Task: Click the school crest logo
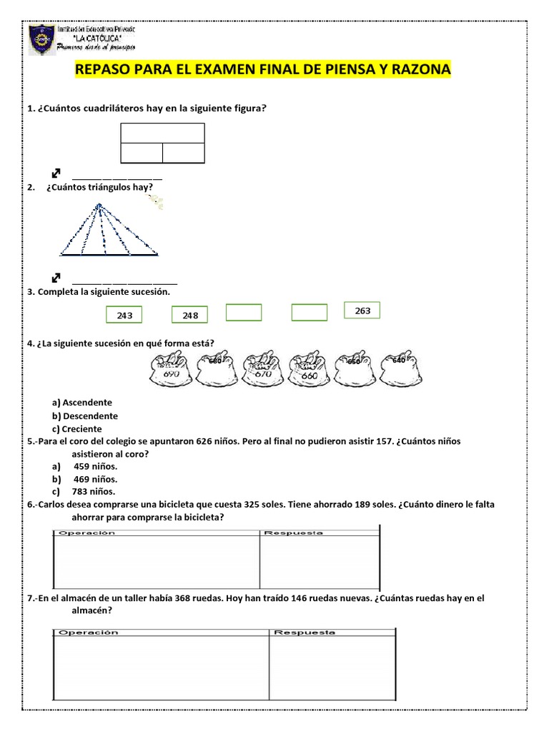[41, 41]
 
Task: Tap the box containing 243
[124, 315]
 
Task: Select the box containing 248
[189, 315]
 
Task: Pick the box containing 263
[362, 311]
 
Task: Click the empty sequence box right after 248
[244, 313]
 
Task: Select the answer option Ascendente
[86, 403]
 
